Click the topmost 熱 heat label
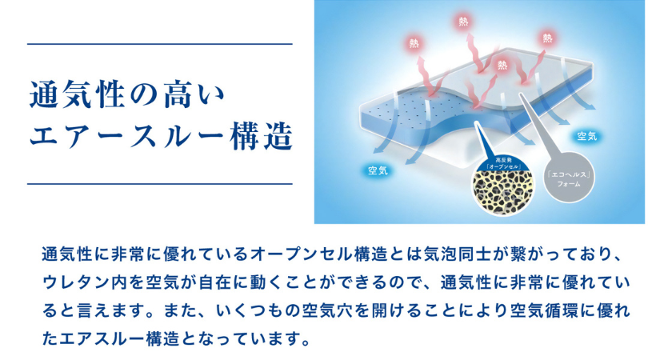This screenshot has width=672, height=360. [463, 21]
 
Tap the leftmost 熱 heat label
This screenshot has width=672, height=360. [414, 43]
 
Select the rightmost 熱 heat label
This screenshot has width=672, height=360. [547, 38]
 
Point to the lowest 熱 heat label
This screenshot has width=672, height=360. [502, 65]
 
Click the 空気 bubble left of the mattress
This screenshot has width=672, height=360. [378, 170]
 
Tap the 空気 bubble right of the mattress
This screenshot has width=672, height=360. [586, 136]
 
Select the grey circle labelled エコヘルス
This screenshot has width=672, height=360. [569, 177]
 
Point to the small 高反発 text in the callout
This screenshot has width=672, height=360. [503, 160]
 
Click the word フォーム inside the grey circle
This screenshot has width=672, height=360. [569, 184]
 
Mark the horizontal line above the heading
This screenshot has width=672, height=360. [159, 44]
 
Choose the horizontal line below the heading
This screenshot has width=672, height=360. [159, 184]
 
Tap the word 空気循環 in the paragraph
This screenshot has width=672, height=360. [543, 311]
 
